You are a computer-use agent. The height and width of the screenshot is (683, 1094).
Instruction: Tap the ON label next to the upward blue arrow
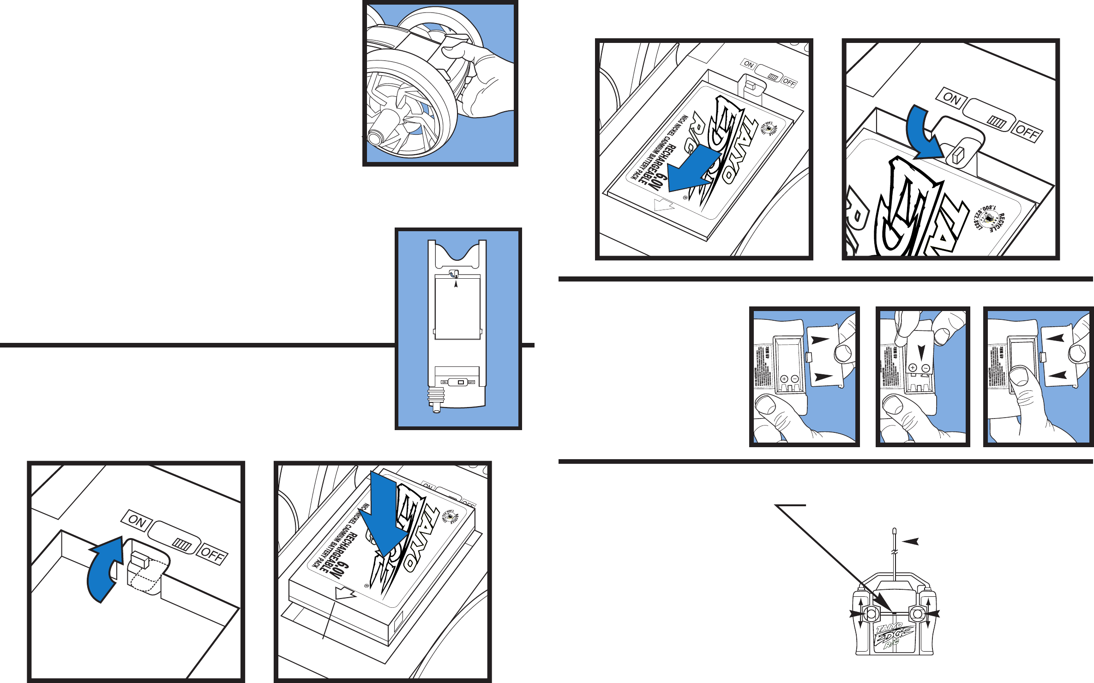(x=137, y=521)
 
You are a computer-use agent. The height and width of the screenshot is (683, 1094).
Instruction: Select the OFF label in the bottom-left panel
(x=212, y=554)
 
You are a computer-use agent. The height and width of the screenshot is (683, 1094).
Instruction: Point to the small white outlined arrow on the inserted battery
(x=345, y=593)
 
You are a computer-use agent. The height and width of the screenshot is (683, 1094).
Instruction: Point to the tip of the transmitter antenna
(x=895, y=531)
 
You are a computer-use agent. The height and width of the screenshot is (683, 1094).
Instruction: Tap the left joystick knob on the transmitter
(x=871, y=614)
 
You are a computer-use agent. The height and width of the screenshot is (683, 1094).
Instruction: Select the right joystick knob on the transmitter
(x=917, y=614)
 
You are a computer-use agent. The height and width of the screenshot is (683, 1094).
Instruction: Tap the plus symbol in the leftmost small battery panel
(x=784, y=379)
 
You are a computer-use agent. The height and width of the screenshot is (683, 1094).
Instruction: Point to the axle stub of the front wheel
(x=375, y=137)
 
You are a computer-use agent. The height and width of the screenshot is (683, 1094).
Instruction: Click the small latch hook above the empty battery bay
(x=455, y=274)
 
